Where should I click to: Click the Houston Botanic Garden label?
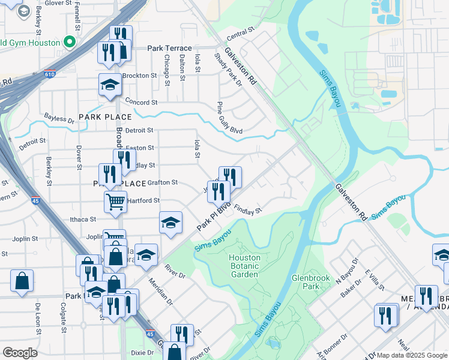point(244,266)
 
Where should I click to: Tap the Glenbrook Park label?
point(307,282)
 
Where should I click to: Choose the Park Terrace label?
point(170,48)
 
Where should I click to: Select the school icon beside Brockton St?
point(110,86)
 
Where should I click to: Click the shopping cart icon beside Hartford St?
point(115,202)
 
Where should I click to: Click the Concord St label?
point(141,103)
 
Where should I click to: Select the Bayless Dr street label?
point(59,119)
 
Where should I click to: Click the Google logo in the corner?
point(20,353)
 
